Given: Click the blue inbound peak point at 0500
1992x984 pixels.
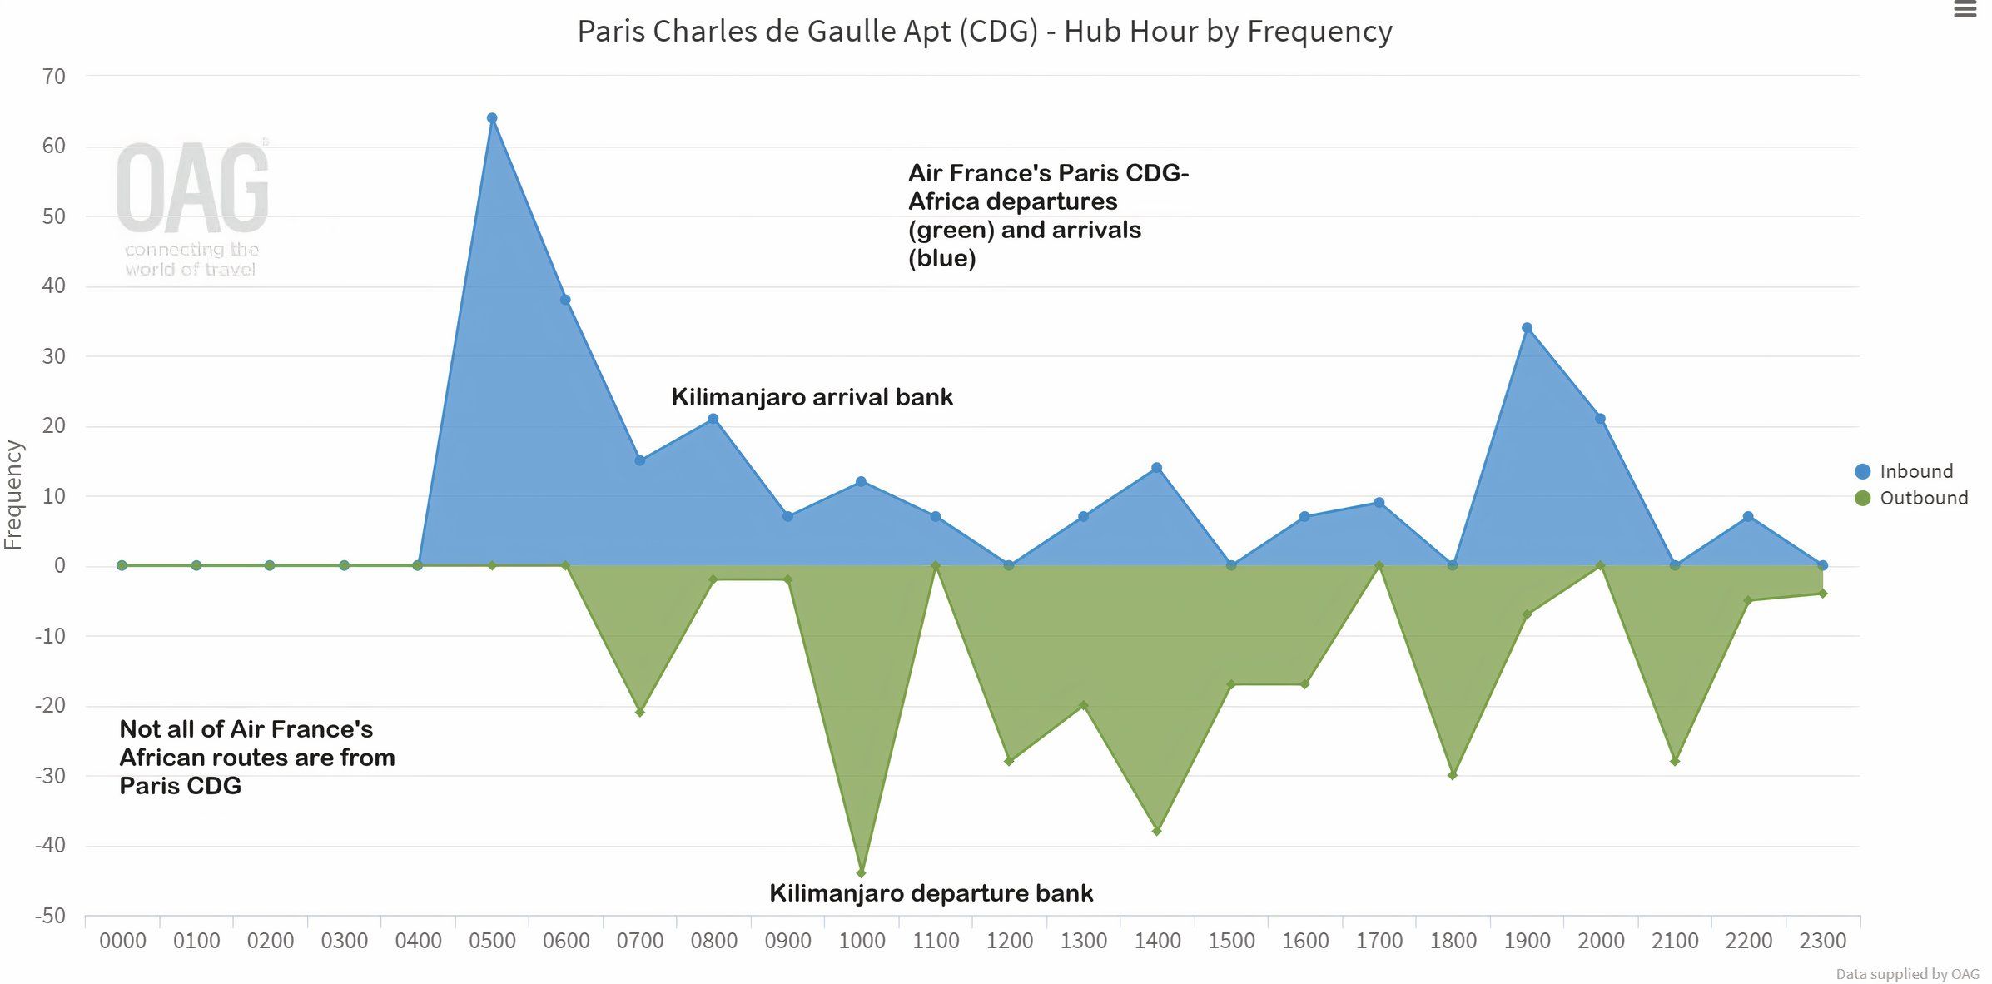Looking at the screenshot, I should pos(492,118).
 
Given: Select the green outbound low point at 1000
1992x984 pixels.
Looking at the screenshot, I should pos(861,873).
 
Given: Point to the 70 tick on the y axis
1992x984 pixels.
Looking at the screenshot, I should pos(53,77).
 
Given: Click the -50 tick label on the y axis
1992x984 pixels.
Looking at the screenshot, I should pos(50,916).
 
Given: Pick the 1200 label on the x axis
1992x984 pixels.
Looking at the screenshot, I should pos(1009,941).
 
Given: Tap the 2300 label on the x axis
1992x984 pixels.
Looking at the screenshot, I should pos(1822,941).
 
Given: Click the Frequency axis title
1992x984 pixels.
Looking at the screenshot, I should pos(13,494).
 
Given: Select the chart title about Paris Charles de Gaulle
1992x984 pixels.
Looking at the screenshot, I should pos(984,32).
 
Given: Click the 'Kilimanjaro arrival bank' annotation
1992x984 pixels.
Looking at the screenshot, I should pos(812,397).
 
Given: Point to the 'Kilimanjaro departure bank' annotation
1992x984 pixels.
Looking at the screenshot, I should pos(931,893).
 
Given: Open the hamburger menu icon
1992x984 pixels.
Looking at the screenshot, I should pos(1965,10).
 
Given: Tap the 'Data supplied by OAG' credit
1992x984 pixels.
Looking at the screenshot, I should pos(1907,973).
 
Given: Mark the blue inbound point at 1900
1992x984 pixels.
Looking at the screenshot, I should pos(1527,328).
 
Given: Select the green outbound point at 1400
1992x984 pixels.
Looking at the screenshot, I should pos(1156,831).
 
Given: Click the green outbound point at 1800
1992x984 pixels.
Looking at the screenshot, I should pos(1453,775).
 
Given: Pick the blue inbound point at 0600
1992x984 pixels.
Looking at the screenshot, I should pos(565,300).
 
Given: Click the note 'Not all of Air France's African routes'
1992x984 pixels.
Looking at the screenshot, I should pos(256,758).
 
